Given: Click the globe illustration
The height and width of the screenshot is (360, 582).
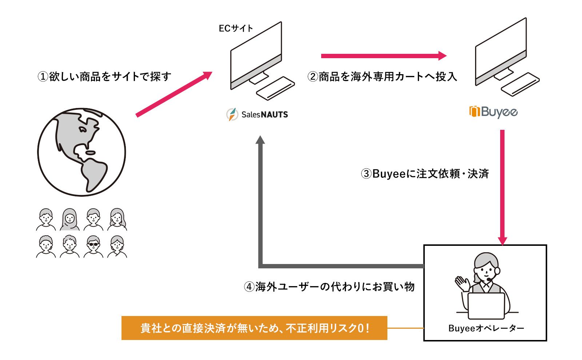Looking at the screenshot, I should pos(81,152).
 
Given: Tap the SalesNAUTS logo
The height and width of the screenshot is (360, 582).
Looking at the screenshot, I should pos(257,115).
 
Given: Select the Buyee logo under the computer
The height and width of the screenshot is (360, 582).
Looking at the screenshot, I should pos(494,112).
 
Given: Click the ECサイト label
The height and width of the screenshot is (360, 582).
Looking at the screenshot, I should pos(236,28).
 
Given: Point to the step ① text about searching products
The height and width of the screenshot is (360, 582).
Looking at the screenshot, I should pos(104,77).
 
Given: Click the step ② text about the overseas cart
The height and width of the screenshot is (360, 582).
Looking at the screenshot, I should pos(382,77).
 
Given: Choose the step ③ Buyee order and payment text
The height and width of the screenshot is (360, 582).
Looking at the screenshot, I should pos(424,174).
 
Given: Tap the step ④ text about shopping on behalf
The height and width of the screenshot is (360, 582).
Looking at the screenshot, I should pos(329,287).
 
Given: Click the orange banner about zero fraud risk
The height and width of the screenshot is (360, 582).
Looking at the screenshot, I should pos(254,328).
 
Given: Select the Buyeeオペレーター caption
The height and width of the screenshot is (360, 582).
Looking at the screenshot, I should pos(486,328).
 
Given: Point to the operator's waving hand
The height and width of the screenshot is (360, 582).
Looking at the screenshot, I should pos(462,283).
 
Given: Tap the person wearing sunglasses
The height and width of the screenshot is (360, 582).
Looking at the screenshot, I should pos(93,246).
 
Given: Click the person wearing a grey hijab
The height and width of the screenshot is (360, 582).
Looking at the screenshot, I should pos(69,219).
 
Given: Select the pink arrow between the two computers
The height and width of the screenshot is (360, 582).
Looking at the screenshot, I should pos(383,56).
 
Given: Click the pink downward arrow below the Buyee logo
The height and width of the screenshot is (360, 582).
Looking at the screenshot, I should pos(502,185).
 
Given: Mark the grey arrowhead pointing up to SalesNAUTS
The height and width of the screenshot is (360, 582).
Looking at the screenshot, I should pos(260,140).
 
